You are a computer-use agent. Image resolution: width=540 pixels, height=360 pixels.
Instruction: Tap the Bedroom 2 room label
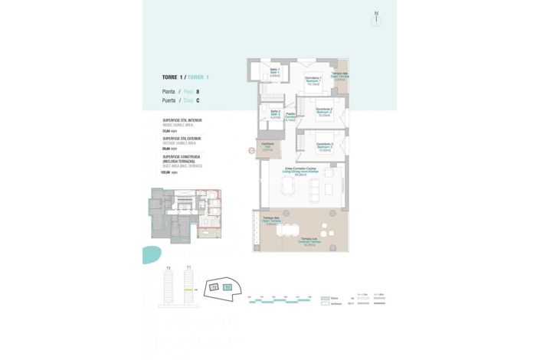tap(324, 111)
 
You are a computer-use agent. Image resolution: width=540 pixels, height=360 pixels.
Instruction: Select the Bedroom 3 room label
tap(324, 147)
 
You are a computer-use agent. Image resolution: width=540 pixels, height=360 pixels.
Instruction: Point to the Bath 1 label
tap(275, 73)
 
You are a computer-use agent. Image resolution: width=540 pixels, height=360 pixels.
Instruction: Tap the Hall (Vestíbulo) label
tap(267, 148)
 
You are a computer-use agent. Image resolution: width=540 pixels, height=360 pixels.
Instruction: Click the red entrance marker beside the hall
tap(252, 149)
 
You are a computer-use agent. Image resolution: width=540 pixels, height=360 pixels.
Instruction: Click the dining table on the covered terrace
tap(288, 228)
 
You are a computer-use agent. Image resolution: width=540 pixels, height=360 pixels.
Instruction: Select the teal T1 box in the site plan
tap(227, 286)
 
